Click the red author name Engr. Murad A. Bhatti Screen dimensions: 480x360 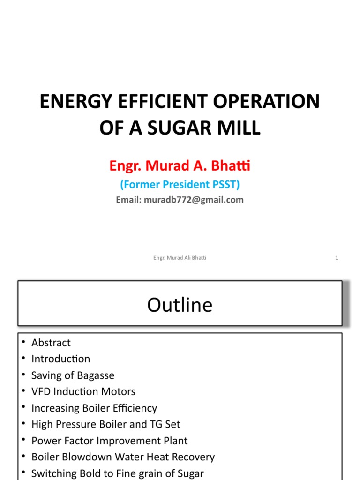click(x=180, y=165)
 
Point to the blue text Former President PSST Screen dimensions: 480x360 click(x=180, y=185)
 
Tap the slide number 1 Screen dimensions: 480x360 click(x=337, y=257)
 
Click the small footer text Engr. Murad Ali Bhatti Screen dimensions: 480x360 click(x=180, y=257)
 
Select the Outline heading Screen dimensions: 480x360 click(x=180, y=305)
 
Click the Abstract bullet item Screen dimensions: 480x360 click(x=51, y=343)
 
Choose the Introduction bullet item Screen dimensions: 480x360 click(x=60, y=359)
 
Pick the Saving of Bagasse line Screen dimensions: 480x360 click(x=73, y=375)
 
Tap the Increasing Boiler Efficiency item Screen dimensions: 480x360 click(x=94, y=408)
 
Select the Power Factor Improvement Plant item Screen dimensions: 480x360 click(x=109, y=441)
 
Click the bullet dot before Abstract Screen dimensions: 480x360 click(x=23, y=343)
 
